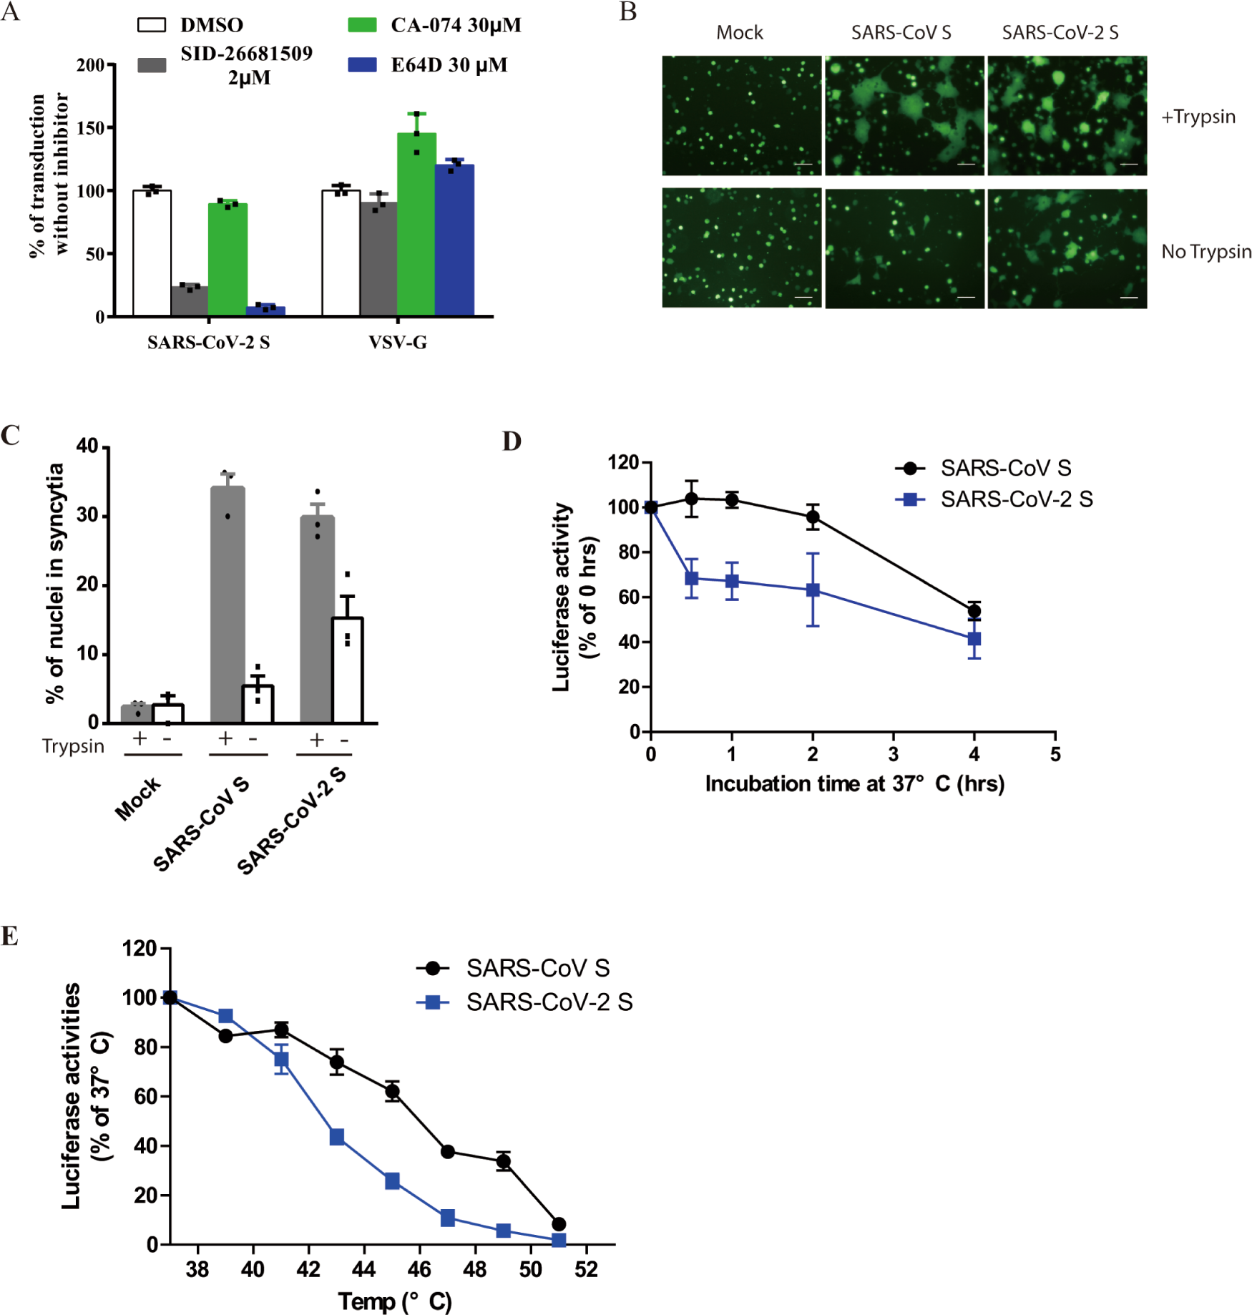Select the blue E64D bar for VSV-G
pos(454,240)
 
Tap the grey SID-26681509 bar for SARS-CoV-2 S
pos(190,300)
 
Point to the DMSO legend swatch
pos(151,25)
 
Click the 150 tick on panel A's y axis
pos(91,128)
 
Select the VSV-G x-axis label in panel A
pos(398,343)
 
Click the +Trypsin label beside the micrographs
pos(1198,117)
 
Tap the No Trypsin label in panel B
pos(1206,252)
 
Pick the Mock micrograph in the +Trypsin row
pos(741,115)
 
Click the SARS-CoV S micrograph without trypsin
pos(904,248)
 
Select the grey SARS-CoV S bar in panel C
pos(228,605)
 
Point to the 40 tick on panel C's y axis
pos(87,446)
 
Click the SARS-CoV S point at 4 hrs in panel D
pos(974,611)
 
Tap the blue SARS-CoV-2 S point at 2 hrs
pos(813,590)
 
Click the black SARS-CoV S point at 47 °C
pos(448,1152)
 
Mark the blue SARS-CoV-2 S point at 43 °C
pos(337,1137)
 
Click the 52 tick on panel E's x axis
pos(586,1269)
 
